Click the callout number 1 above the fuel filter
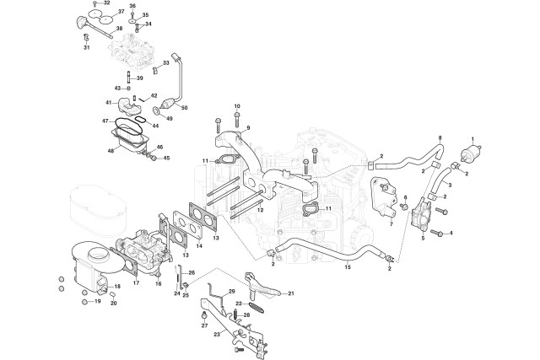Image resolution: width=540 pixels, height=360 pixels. click(x=472, y=139)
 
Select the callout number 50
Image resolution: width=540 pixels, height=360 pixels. click(x=184, y=108)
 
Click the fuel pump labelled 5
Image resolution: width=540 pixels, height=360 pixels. click(x=424, y=216)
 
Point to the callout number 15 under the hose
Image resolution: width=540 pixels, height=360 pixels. click(x=348, y=266)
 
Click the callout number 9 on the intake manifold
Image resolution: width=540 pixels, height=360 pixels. click(x=248, y=128)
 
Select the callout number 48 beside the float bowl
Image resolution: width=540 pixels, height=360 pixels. click(x=111, y=151)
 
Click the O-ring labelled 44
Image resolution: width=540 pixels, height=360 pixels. click(x=140, y=120)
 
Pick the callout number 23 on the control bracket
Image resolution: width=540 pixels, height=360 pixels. click(x=217, y=334)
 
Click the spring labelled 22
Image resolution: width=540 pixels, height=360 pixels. click(x=256, y=307)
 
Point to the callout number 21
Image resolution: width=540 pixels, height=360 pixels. click(x=291, y=293)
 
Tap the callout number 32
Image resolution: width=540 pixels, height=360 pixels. click(x=107, y=3)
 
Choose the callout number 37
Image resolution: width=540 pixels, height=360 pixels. click(x=121, y=11)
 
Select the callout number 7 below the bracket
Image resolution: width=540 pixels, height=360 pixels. click(x=391, y=224)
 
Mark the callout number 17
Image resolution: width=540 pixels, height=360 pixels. click(x=136, y=282)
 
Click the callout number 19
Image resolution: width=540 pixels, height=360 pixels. click(x=98, y=301)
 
